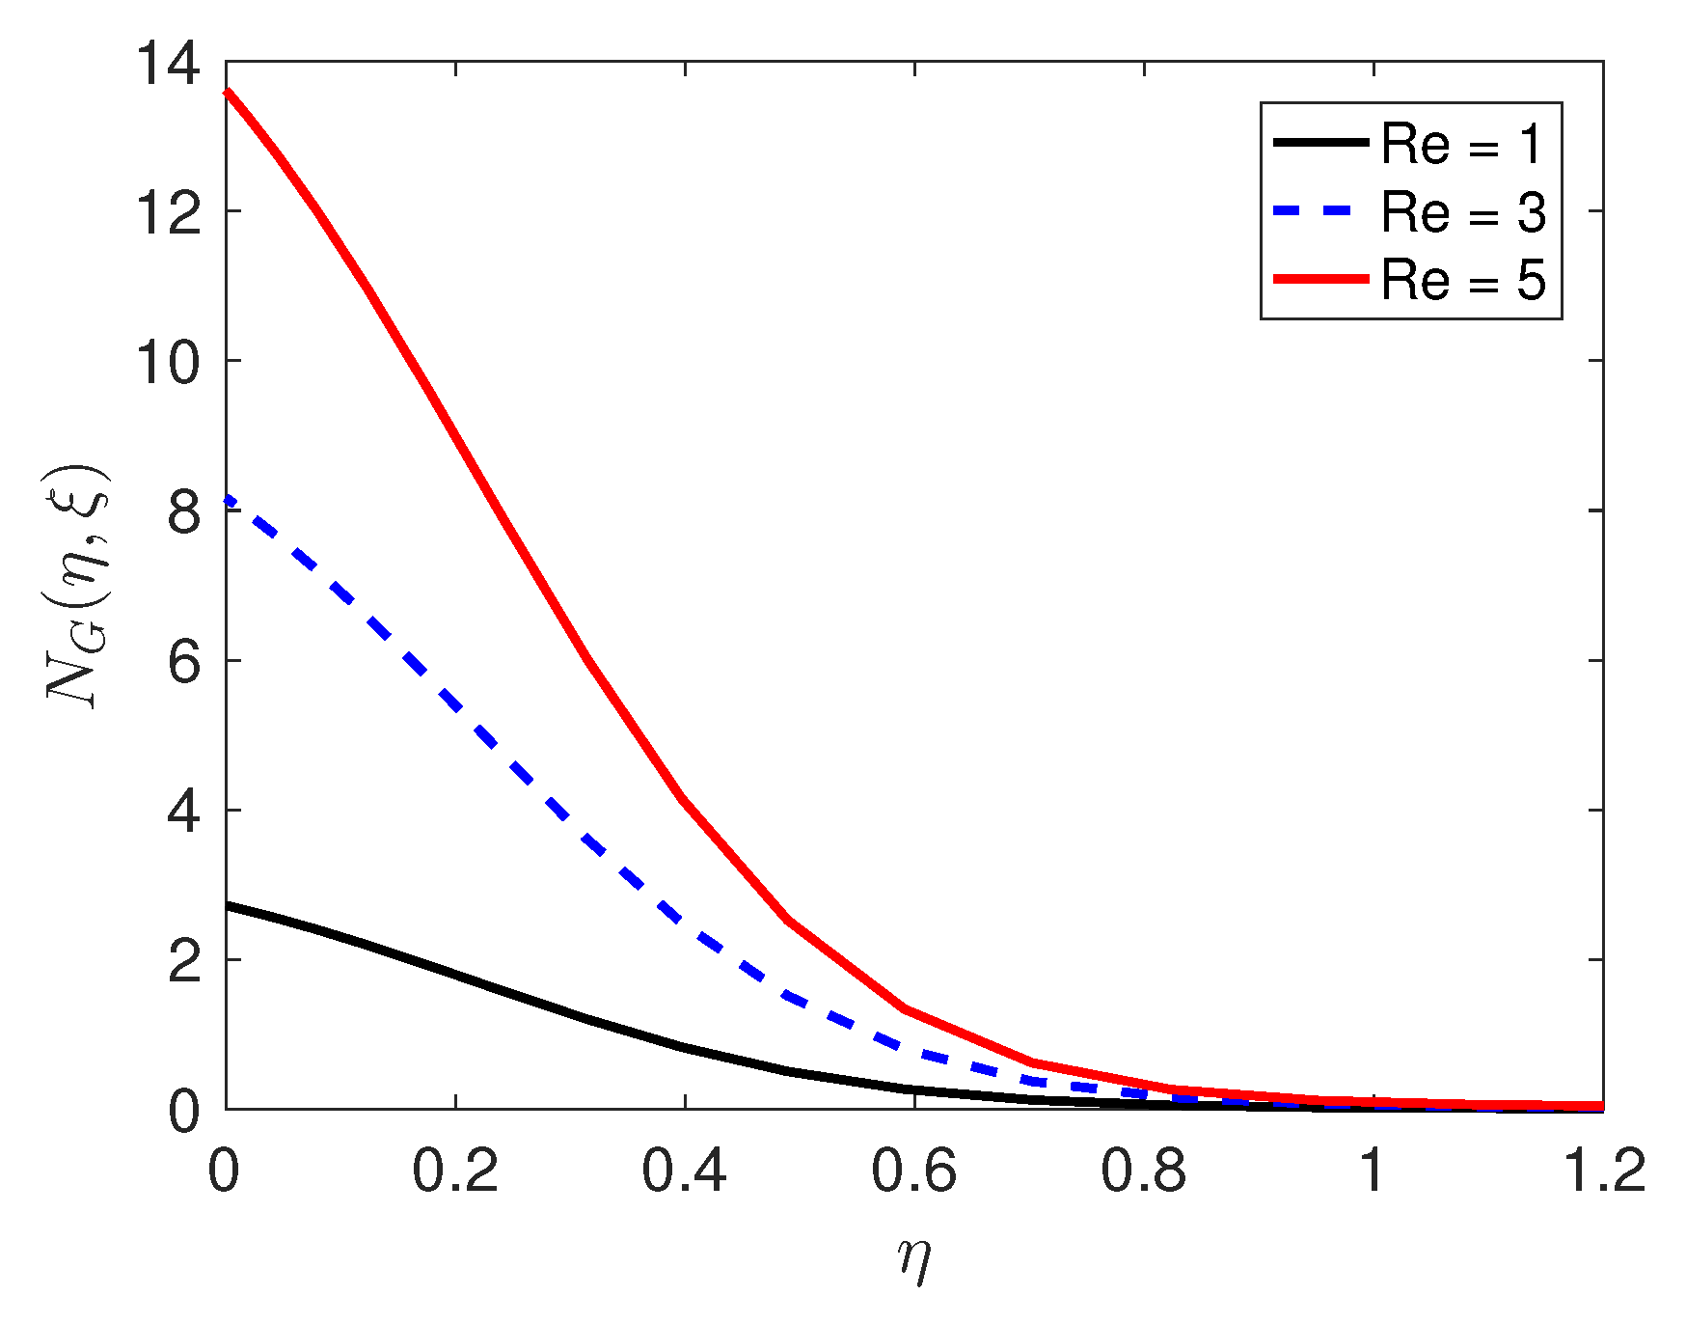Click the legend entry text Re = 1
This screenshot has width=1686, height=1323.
coord(1462,144)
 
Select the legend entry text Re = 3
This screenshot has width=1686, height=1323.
coord(1462,211)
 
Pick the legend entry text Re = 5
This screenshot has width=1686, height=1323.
coord(1462,280)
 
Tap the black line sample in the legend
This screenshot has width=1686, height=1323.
coord(1320,142)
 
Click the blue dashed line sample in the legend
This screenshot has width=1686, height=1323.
coord(1320,210)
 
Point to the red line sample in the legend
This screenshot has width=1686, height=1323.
coord(1320,278)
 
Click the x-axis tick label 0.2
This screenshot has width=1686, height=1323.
coord(454,1171)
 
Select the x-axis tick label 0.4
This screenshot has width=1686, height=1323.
coord(684,1171)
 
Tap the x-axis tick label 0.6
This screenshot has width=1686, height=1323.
coord(913,1171)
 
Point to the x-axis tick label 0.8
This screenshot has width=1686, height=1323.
coord(1143,1171)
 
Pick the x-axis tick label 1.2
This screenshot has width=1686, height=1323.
coord(1602,1171)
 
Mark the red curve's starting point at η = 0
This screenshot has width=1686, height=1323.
coord(228,92)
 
